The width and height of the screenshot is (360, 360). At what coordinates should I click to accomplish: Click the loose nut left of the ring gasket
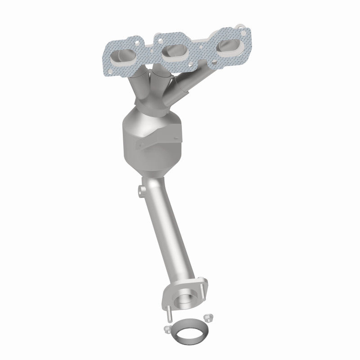coord(167,329)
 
